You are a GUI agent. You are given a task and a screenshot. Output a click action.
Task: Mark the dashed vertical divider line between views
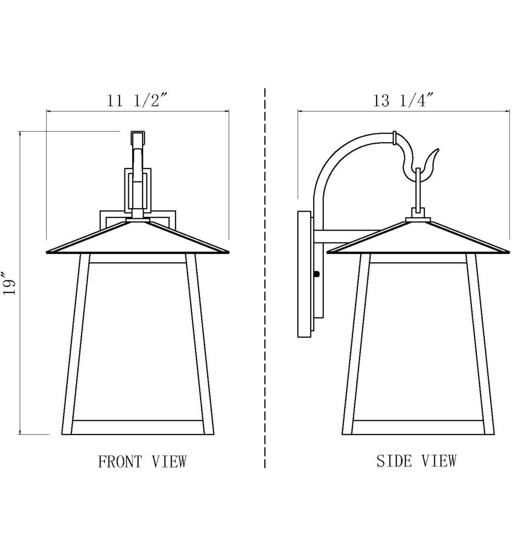[x=265, y=274]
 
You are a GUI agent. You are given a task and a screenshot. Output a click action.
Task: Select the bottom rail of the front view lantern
[x=137, y=427]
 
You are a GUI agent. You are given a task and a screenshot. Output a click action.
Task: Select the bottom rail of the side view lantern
[x=418, y=427]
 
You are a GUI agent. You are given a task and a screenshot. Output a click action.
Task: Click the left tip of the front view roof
[x=47, y=251]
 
